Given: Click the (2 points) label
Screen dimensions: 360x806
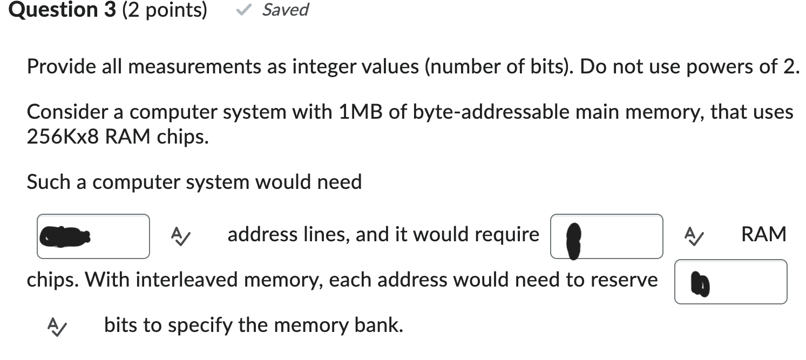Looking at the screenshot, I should [165, 10].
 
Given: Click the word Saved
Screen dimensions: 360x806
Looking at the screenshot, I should [285, 10].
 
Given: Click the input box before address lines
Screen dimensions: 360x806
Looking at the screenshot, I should [93, 236].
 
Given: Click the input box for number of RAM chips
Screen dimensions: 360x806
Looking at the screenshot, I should [607, 236].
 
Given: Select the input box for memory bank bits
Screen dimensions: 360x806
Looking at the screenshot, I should [730, 282].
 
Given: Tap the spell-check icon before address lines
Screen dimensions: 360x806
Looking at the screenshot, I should [179, 235].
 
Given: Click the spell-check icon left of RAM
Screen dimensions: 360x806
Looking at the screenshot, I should [692, 235].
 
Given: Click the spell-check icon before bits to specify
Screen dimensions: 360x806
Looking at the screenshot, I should [56, 325].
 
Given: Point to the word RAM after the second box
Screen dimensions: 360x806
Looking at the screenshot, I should [763, 235].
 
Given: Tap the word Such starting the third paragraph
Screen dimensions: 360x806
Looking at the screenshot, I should [47, 182].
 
